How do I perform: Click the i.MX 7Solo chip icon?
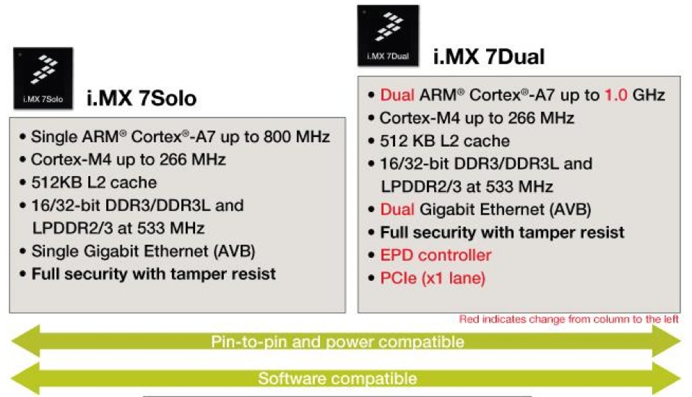(x=43, y=78)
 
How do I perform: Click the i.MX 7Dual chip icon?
(x=388, y=36)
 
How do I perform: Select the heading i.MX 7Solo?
(x=142, y=98)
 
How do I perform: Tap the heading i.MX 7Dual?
(x=489, y=56)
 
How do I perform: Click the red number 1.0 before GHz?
(x=615, y=95)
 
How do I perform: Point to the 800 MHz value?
(x=297, y=136)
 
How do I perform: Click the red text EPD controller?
(x=436, y=255)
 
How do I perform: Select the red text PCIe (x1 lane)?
(x=433, y=279)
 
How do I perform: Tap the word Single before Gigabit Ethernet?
(x=55, y=251)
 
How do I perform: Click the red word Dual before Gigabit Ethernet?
(x=397, y=209)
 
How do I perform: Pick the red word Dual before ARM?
(x=397, y=95)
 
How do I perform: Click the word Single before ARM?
(x=54, y=136)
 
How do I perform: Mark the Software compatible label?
(x=337, y=378)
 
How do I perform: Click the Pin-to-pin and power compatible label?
(x=337, y=342)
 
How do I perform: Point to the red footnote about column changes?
(x=569, y=319)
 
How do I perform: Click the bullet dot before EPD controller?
(x=371, y=256)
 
